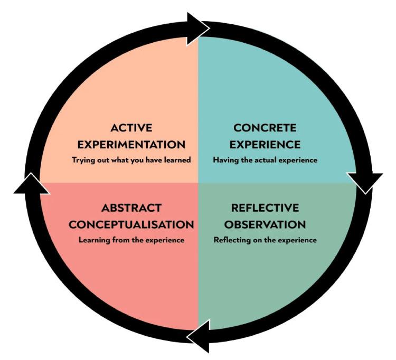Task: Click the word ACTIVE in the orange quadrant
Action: (131, 128)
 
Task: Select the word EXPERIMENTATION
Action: (131, 144)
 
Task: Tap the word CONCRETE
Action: (265, 128)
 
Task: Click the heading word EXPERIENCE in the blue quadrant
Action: (265, 144)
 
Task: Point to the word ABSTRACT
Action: (131, 207)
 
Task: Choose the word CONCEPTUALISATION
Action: (131, 224)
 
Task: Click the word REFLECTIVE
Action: (265, 207)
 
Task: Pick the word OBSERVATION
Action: (265, 224)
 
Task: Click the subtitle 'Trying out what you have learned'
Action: (131, 159)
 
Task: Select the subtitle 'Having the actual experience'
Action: (265, 159)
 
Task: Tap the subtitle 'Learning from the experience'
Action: (131, 240)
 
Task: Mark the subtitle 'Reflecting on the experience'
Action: (265, 240)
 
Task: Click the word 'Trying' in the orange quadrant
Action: (84, 159)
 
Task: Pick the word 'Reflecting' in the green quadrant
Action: (230, 240)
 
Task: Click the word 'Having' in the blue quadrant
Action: (225, 159)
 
